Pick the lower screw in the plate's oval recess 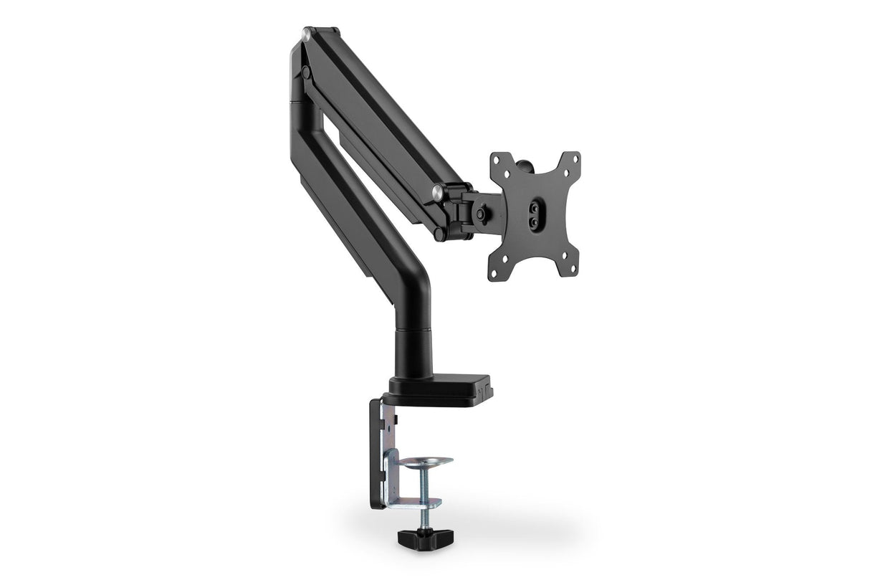pyautogui.click(x=534, y=223)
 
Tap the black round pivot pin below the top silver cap pyautogui.click(x=306, y=72)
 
